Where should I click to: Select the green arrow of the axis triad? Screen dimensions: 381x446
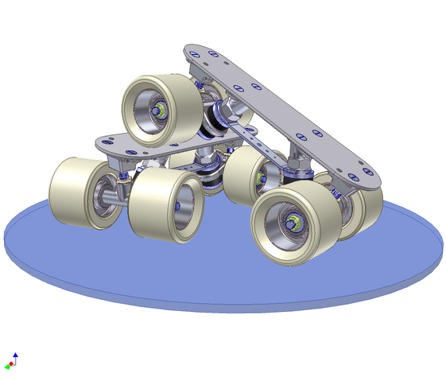pos(8,367)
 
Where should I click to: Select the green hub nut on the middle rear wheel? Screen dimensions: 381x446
pos(260,177)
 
